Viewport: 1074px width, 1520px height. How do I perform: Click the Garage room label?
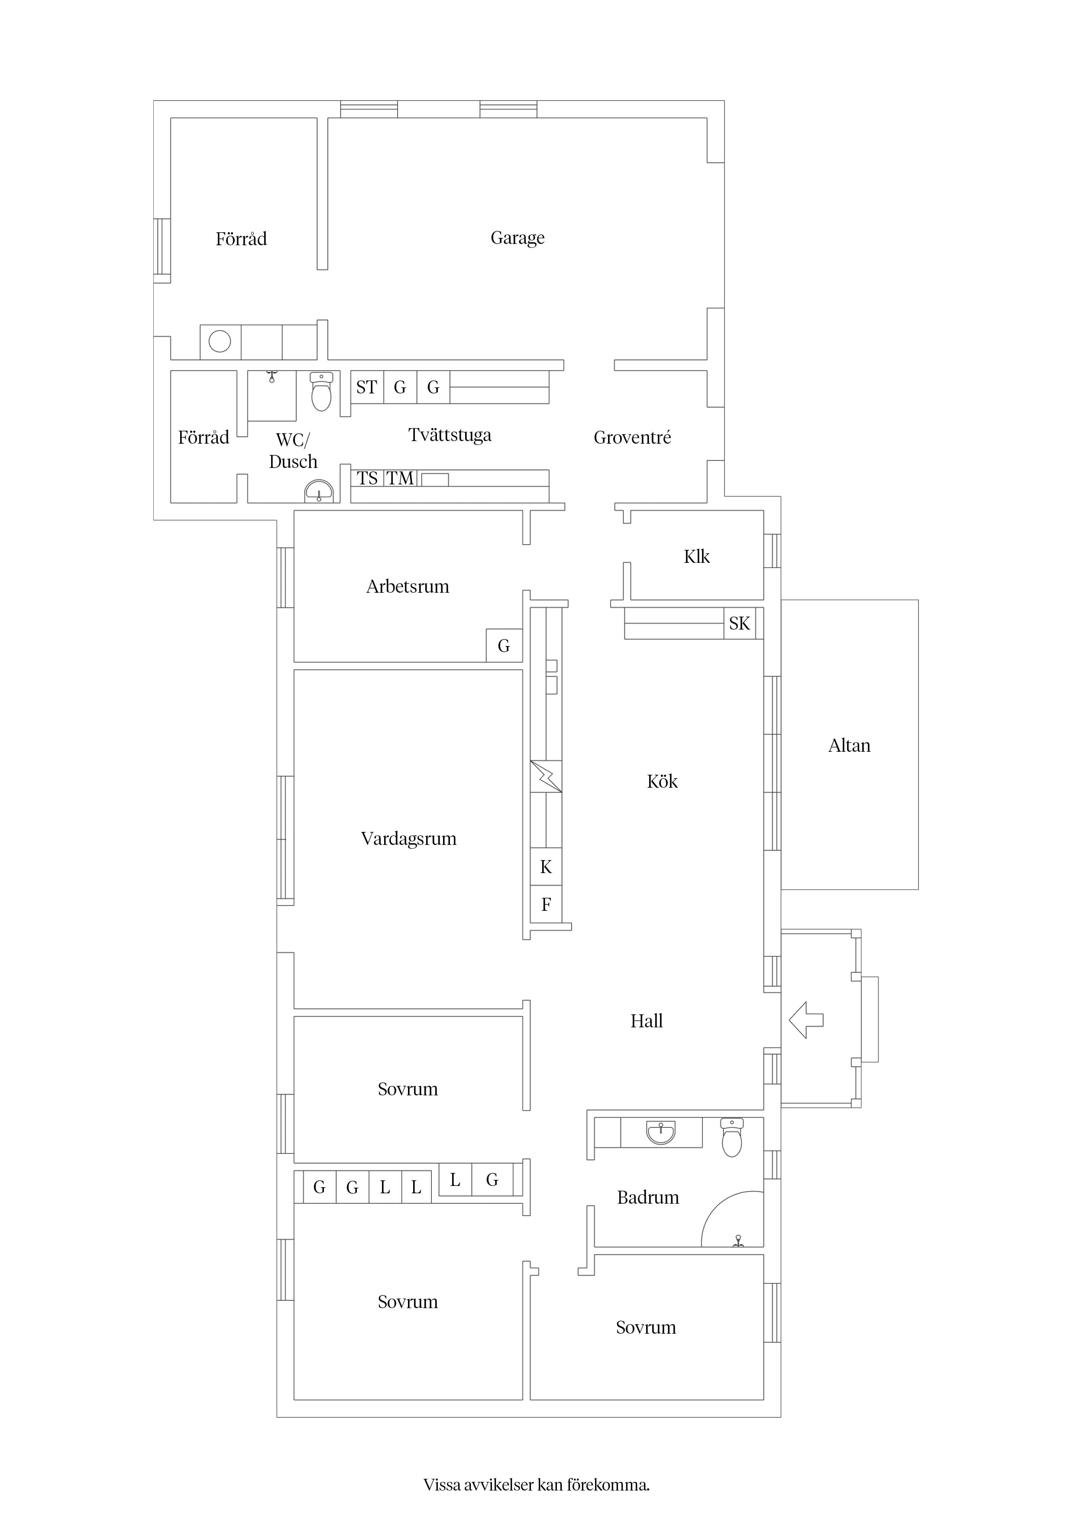[518, 238]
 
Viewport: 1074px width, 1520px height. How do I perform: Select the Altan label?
[849, 745]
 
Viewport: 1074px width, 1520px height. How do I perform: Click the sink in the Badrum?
[660, 1133]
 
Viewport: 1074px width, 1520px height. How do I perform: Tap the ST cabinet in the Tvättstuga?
[367, 387]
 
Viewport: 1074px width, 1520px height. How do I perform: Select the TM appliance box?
[400, 478]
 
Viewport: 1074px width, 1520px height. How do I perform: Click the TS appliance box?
[367, 478]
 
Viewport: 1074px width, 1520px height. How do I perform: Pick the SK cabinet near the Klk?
[739, 623]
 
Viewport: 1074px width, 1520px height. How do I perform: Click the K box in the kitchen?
[546, 867]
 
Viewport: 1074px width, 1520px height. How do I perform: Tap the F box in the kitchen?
[546, 904]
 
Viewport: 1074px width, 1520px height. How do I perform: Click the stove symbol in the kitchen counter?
[546, 776]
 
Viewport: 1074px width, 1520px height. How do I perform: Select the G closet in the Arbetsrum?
[504, 646]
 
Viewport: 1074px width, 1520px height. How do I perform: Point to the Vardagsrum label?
[408, 839]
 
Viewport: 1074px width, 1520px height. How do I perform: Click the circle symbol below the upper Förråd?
[220, 341]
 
